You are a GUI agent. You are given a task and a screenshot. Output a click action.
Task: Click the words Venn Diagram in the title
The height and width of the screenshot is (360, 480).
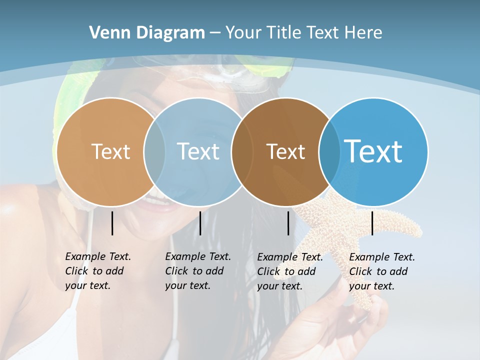(147, 33)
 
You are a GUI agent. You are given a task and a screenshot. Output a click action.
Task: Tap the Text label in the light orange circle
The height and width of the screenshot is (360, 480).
(110, 151)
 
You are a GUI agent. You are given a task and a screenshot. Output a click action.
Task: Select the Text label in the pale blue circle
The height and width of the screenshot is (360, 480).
(198, 151)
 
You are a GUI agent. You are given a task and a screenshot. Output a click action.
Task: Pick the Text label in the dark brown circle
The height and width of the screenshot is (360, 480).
(285, 151)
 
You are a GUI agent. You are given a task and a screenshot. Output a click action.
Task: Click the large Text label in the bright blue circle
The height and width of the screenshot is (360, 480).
(373, 151)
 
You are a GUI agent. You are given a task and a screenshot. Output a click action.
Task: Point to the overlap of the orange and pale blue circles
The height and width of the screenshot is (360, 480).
(154, 152)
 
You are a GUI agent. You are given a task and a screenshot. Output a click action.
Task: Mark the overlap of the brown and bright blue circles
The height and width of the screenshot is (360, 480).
(327, 152)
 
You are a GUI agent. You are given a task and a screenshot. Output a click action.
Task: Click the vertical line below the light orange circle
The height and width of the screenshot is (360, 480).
(112, 223)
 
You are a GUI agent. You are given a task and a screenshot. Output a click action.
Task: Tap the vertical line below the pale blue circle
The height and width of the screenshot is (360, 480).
(200, 223)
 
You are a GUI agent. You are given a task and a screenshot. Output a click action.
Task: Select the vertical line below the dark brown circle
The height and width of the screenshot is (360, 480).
(288, 223)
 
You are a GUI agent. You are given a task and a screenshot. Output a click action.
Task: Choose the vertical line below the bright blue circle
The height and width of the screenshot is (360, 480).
(372, 223)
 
